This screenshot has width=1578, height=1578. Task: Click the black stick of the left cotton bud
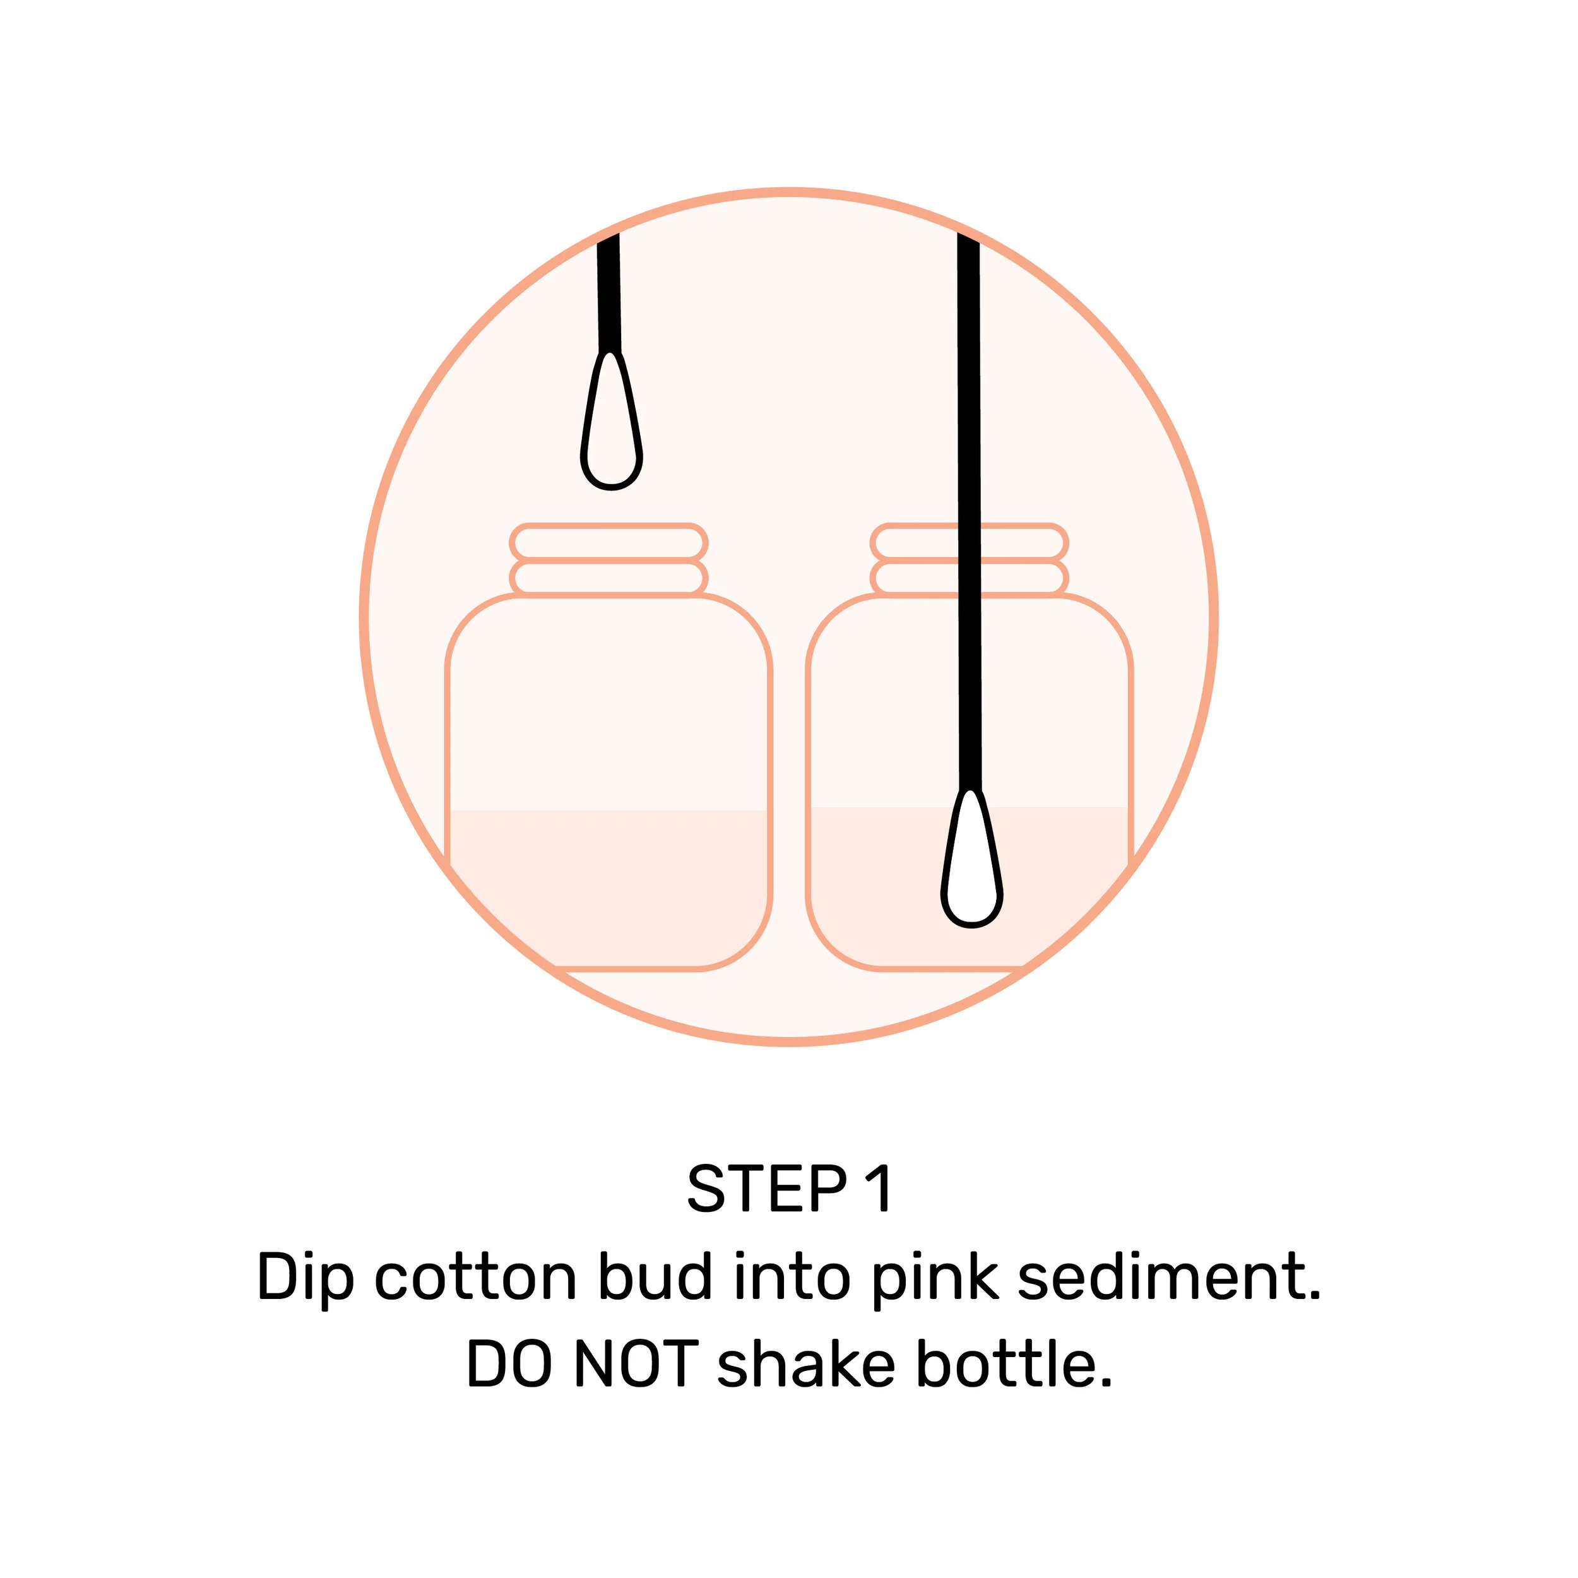click(608, 294)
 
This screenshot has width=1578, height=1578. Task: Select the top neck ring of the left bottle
click(608, 542)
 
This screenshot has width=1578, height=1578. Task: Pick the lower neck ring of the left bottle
click(608, 578)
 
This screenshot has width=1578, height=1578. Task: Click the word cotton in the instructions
click(476, 1278)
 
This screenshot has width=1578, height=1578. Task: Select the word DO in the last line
click(508, 1365)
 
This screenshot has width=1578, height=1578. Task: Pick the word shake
click(805, 1365)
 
